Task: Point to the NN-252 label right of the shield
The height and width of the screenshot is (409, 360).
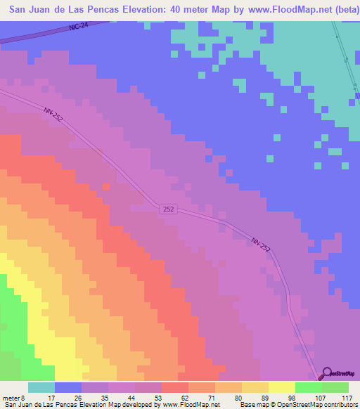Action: pyautogui.click(x=259, y=243)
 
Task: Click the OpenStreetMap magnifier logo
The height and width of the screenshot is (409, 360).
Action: pyautogui.click(x=327, y=373)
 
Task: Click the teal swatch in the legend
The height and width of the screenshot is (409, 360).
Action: pyautogui.click(x=41, y=387)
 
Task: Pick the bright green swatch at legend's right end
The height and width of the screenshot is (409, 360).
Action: pyautogui.click(x=335, y=387)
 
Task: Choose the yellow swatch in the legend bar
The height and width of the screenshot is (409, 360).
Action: pyautogui.click(x=281, y=387)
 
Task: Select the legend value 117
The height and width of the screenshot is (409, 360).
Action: pyautogui.click(x=345, y=397)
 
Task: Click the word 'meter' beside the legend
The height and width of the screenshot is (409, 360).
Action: pyautogui.click(x=10, y=397)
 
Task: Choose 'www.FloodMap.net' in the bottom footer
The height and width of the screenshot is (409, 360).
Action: pyautogui.click(x=191, y=405)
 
